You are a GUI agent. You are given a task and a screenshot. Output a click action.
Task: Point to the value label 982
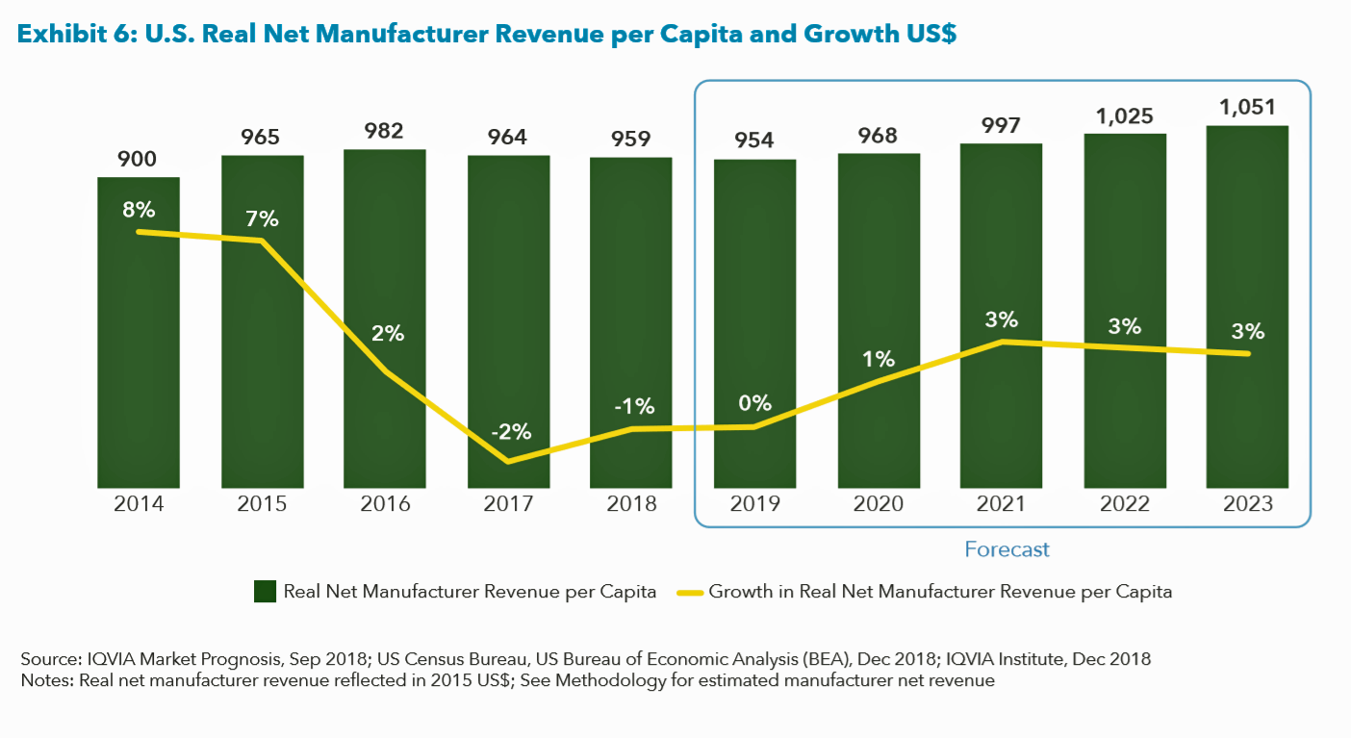pos(385,132)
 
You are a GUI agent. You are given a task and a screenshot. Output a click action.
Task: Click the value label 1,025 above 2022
pos(1124,115)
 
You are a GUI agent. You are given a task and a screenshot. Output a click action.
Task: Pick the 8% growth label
pos(139,210)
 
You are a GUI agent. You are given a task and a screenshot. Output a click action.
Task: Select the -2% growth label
pos(509,432)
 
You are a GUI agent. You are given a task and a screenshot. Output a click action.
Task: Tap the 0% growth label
pos(754,403)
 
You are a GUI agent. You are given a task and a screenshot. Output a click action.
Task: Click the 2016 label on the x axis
pos(385,504)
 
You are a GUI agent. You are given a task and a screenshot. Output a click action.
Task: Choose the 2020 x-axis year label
pos(879,504)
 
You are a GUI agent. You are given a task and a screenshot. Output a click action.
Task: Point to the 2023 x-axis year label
pos(1248,504)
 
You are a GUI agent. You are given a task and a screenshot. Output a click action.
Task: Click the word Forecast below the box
pos(1007,549)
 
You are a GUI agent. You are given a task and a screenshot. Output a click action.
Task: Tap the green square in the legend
pos(265,592)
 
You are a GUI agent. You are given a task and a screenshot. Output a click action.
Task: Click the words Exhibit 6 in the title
pos(74,35)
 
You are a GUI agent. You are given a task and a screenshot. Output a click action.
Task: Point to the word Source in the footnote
pos(46,660)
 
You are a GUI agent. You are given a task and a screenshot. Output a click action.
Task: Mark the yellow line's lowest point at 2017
pos(508,462)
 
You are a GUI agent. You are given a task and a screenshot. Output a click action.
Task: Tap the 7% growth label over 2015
pos(262,219)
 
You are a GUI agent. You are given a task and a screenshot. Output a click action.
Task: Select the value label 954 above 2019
pos(754,139)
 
